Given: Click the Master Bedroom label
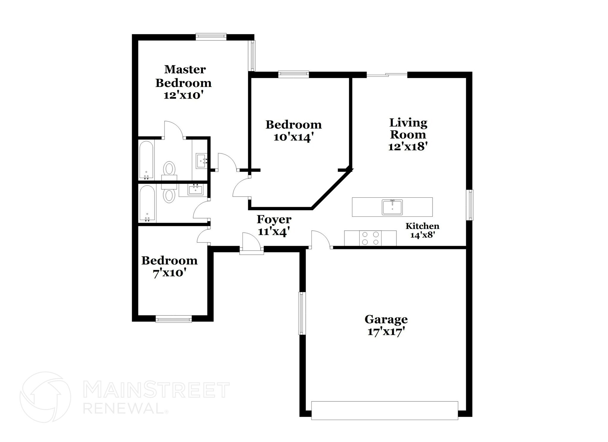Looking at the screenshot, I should (183, 76).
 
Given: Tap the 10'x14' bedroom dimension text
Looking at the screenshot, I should (293, 138).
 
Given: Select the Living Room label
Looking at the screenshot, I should (408, 128).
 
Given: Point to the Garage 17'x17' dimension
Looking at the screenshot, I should (386, 332).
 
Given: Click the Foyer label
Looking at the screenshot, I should (274, 219).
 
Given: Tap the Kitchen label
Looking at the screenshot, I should (422, 226).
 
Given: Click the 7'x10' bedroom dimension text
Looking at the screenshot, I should (169, 273).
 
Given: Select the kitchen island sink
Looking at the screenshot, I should (392, 207).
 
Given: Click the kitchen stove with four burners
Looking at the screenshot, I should (370, 238).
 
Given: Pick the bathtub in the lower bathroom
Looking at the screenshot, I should (147, 204).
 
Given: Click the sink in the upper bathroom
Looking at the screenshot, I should (201, 161).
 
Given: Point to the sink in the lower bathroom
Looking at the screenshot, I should (195, 189).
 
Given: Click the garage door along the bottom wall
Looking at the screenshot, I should (384, 411).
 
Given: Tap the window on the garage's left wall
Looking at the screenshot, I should (302, 313).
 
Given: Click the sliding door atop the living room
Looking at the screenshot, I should (387, 75).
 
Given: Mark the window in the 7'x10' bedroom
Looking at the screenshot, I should (174, 319).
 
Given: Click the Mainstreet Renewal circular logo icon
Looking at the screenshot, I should (45, 397).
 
